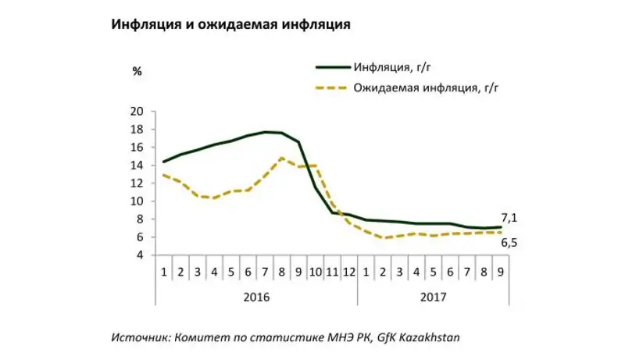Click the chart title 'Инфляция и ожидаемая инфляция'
coord(230,24)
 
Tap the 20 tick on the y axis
coord(136,112)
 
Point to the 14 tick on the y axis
coord(136,166)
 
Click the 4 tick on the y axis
coord(138,255)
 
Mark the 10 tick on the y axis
coord(136,201)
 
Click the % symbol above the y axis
coord(137,72)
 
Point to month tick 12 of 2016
coord(349,272)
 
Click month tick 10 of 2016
coord(315,272)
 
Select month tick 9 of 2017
coord(501,272)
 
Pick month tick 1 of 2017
coord(366,272)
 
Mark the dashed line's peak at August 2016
coord(282,159)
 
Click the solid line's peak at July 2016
coord(266,132)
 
